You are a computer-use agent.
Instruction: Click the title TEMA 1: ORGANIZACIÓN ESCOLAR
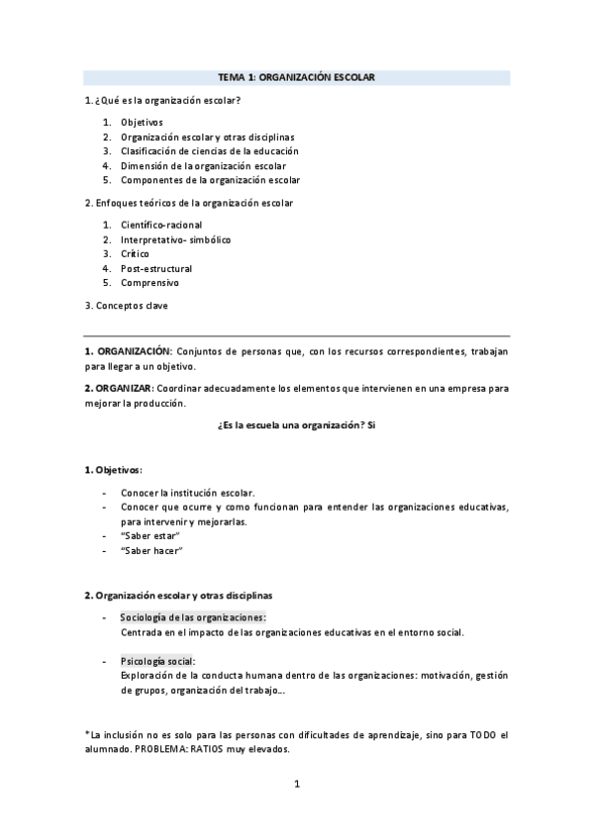(296, 77)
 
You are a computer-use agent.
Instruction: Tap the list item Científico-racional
(161, 225)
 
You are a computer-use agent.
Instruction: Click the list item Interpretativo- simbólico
(176, 239)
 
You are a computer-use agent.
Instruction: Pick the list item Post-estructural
(156, 268)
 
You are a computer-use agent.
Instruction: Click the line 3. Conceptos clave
(126, 306)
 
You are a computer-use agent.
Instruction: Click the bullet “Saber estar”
(149, 535)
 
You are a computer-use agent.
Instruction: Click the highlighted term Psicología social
(157, 661)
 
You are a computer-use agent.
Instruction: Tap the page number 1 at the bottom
(296, 786)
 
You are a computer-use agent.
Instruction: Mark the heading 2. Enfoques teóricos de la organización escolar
(188, 203)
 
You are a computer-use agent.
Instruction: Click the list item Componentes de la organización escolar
(210, 180)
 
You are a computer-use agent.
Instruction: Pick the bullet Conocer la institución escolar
(188, 493)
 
